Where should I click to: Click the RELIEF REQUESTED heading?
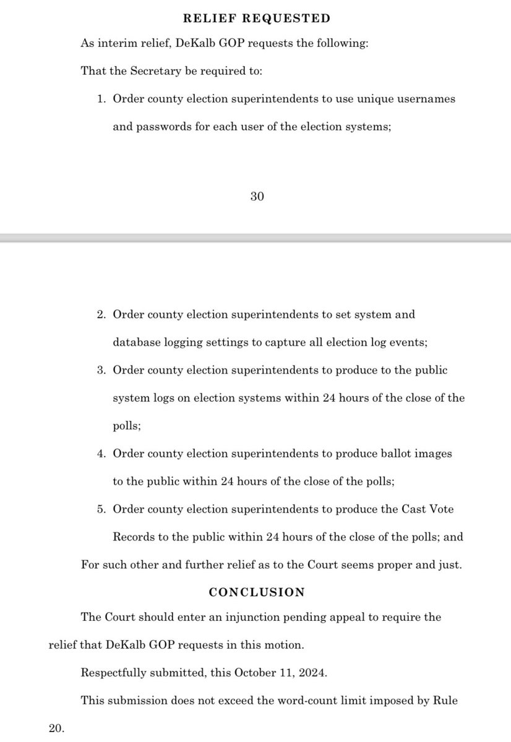click(x=256, y=19)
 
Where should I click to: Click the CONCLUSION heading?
click(x=256, y=592)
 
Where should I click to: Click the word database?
click(x=134, y=342)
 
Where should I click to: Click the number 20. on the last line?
click(x=56, y=728)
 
